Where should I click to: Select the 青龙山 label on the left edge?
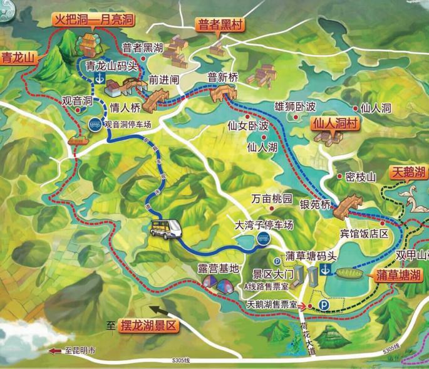(16, 59)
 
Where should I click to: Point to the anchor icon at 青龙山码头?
(99, 77)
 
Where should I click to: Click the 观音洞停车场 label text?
(128, 125)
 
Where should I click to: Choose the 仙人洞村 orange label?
(336, 124)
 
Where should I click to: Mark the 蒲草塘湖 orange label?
(399, 275)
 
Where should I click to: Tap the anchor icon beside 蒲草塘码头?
(324, 269)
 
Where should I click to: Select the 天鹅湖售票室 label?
(272, 304)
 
